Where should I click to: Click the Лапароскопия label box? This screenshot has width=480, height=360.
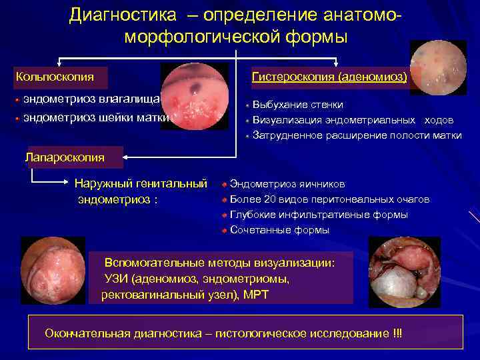click(x=65, y=157)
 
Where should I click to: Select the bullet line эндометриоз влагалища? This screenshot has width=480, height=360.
click(x=92, y=100)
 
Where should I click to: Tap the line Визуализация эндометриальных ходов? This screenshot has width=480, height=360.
click(x=353, y=120)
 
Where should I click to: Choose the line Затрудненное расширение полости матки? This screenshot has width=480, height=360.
click(x=357, y=135)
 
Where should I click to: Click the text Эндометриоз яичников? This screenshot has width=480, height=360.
click(x=287, y=184)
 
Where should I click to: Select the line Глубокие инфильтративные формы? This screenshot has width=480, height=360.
click(x=319, y=215)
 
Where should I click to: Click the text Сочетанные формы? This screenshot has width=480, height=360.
click(x=279, y=230)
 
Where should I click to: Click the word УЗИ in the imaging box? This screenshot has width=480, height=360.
click(x=116, y=279)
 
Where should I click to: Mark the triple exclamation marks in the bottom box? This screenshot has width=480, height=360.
click(x=398, y=333)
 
